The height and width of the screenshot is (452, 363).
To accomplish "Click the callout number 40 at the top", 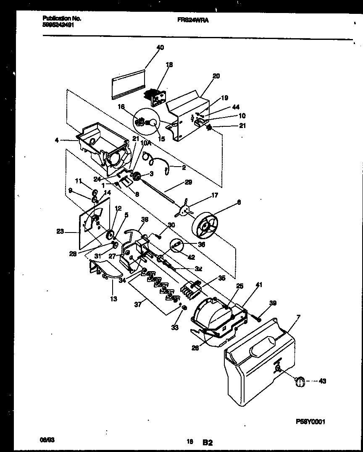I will point(160,47).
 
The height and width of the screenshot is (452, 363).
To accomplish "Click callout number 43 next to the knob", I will point(322,381).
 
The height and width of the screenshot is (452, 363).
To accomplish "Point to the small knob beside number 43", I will point(299,381).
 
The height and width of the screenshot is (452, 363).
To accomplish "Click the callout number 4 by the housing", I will point(56,140).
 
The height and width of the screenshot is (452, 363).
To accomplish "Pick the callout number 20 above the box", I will point(216,76).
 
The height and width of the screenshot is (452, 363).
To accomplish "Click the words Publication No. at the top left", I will point(62,18).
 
